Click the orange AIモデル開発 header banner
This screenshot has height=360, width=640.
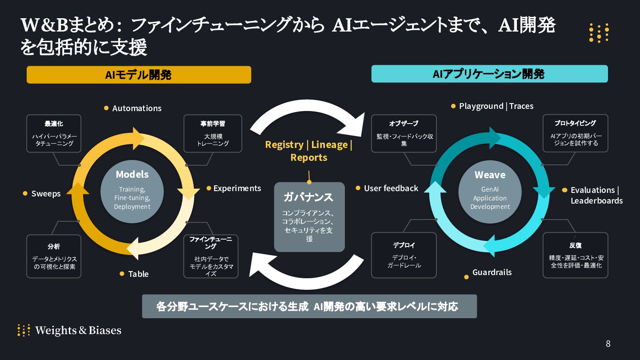pos(139,75)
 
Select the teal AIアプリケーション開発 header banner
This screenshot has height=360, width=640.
pos(489,74)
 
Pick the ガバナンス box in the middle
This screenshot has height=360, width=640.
pos(309,216)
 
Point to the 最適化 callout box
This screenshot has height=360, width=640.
pos(54,134)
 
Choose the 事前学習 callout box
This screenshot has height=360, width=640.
pos(213,134)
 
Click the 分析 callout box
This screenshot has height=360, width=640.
pos(54,256)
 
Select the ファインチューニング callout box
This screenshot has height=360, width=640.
pos(211,256)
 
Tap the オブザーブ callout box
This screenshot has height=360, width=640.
pos(404,134)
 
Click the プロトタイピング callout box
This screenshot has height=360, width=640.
pos(575,133)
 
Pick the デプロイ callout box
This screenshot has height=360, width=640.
pos(404,255)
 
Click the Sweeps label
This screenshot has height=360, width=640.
pos(46,193)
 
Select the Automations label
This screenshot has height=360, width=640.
pos(136,108)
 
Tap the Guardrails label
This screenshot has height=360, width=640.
pos(492,272)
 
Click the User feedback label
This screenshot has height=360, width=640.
pos(391,188)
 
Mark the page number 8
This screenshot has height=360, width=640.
pos(608,344)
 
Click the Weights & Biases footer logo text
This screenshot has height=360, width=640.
pos(78,330)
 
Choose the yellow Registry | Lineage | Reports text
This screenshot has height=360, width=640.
pos(308,151)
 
